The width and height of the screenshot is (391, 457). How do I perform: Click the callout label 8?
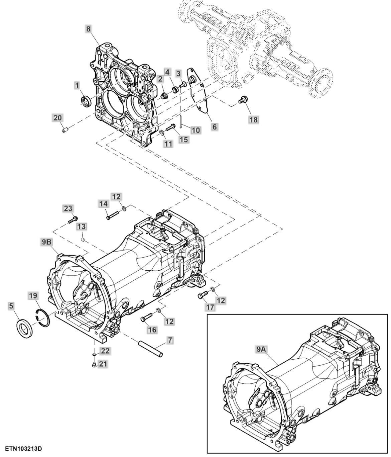[x=88, y=29]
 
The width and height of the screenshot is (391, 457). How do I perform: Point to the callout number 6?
[x=215, y=126]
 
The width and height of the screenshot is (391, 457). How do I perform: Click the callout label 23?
[x=68, y=208]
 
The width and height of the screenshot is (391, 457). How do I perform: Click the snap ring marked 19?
[x=43, y=317]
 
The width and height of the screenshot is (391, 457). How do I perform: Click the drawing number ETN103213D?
[x=23, y=448]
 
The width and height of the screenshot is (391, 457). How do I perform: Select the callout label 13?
[x=82, y=226]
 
